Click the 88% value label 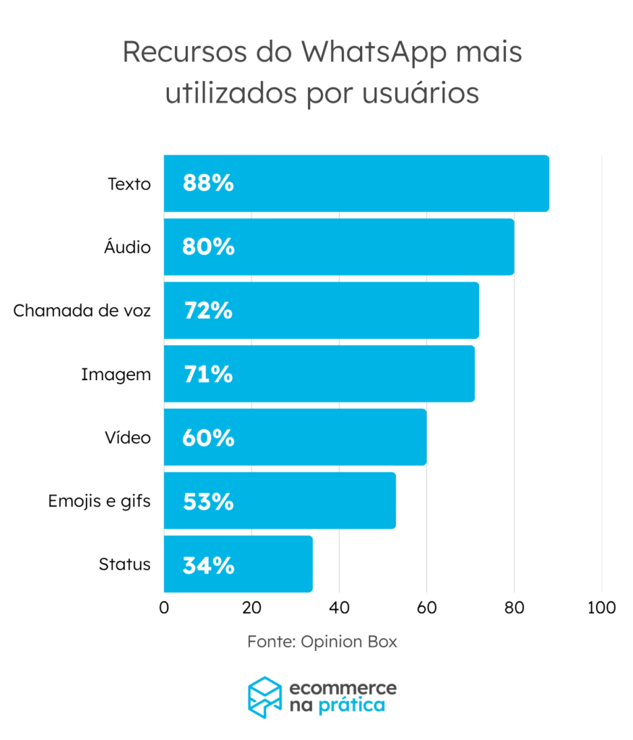tap(208, 184)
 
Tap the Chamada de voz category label tap(82, 311)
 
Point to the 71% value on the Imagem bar tap(208, 374)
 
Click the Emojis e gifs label tap(99, 501)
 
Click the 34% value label tap(208, 564)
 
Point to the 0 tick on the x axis tap(164, 608)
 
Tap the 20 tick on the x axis tap(251, 608)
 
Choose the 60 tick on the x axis tap(426, 608)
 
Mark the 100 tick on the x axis tap(601, 608)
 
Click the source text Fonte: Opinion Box tap(322, 641)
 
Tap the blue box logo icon tap(264, 697)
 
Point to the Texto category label tap(129, 184)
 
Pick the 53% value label tap(208, 501)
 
